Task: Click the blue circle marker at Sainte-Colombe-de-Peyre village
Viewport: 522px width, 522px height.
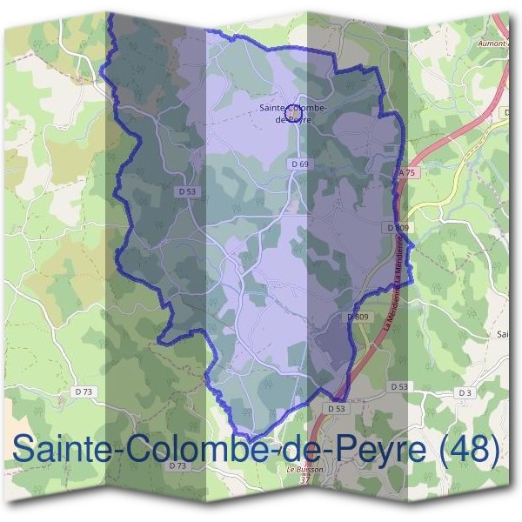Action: pyautogui.click(x=293, y=113)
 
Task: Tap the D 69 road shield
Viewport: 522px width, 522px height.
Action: pyautogui.click(x=299, y=164)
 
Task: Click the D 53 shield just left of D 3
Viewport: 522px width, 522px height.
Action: pyautogui.click(x=399, y=385)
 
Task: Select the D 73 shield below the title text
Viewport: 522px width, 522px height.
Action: pyautogui.click(x=177, y=466)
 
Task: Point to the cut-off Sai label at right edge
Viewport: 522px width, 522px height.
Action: pyautogui.click(x=503, y=333)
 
